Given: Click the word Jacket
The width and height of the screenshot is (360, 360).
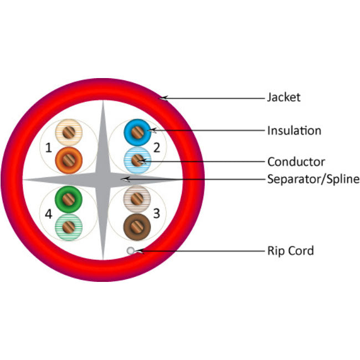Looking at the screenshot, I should coord(284,97).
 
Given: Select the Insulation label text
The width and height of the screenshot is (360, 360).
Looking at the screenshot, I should coord(294,131).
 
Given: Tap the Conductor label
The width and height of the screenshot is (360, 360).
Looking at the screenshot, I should coord(296,162).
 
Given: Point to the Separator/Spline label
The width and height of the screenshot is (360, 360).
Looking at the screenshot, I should coord(313,179).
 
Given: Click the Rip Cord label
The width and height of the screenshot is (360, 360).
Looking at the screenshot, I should coord(290,251).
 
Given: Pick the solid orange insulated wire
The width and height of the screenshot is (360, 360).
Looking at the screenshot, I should coord(69,160).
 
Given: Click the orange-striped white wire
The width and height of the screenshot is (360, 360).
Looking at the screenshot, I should coord(69,133).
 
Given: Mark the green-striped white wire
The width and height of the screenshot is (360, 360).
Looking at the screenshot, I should coord(69,226).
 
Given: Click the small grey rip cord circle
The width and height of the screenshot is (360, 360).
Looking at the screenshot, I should coord(131,251).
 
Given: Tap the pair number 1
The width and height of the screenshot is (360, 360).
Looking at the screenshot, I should coord(49,148).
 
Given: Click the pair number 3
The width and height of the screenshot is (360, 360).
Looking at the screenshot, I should coord(157,213).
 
